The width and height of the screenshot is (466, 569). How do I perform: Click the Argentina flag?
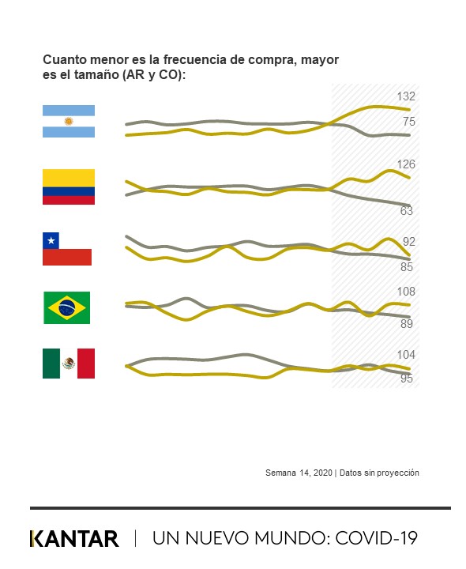[69, 122]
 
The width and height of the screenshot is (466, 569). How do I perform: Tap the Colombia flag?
[69, 187]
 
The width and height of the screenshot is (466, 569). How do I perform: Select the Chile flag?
[68, 248]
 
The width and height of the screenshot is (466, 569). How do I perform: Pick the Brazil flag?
[67, 307]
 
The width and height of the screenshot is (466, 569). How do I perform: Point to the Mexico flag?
[68, 364]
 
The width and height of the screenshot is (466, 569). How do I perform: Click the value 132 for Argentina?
[406, 96]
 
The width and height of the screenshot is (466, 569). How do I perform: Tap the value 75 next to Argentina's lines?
[408, 122]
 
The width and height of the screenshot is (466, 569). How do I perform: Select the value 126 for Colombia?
[406, 164]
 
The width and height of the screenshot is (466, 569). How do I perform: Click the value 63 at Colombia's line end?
[408, 211]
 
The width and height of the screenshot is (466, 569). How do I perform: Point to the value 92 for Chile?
[408, 242]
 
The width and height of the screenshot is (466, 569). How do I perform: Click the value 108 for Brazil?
[406, 292]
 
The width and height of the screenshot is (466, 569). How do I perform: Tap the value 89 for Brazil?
[407, 323]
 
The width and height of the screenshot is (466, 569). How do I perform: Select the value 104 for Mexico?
[406, 355]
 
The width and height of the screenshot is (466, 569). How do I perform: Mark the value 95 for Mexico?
[407, 379]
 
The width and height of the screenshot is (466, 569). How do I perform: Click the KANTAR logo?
[74, 539]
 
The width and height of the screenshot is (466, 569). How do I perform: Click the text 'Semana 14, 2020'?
[299, 473]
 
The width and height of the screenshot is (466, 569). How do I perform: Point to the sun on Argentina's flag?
[69, 122]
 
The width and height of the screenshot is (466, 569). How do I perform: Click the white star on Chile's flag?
[51, 240]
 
